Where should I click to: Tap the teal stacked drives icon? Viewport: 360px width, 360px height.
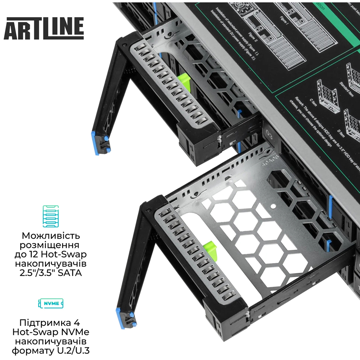pos(50,216)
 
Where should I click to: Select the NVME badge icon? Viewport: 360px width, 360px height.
pos(50,303)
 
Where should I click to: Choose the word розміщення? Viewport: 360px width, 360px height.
pos(51,246)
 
